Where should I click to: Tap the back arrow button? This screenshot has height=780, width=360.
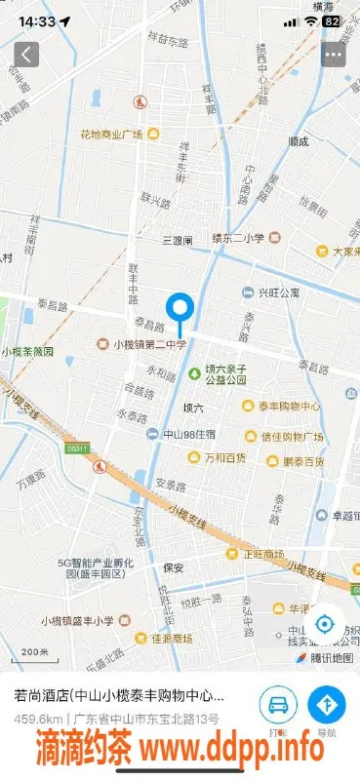(x=26, y=55)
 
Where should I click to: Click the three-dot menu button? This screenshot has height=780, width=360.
(x=334, y=55)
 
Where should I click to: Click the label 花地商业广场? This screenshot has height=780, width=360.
(x=112, y=134)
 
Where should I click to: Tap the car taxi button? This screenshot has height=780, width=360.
(x=278, y=705)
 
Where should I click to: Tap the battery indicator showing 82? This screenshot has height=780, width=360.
(x=332, y=20)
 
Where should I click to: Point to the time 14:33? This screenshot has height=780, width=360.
(x=37, y=20)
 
